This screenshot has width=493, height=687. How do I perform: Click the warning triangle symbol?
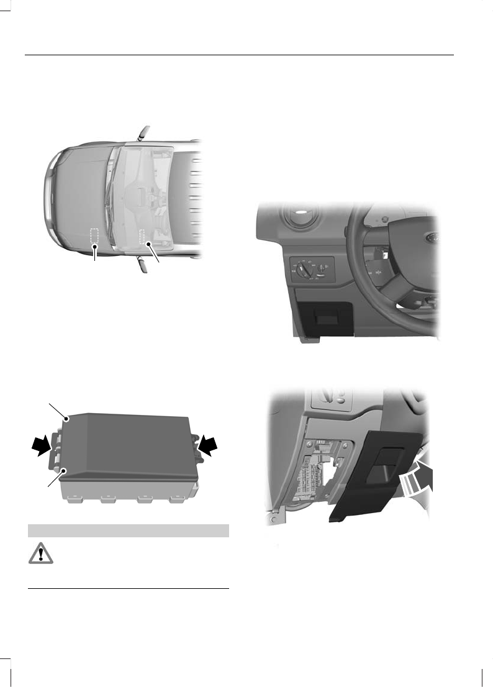coord(40,554)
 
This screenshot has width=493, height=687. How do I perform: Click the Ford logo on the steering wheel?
coord(429,238)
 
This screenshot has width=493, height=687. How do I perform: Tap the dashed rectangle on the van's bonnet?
coord(94,235)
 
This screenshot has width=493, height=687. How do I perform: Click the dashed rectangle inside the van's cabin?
coord(145,237)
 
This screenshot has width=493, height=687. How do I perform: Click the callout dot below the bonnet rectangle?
coord(94,247)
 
